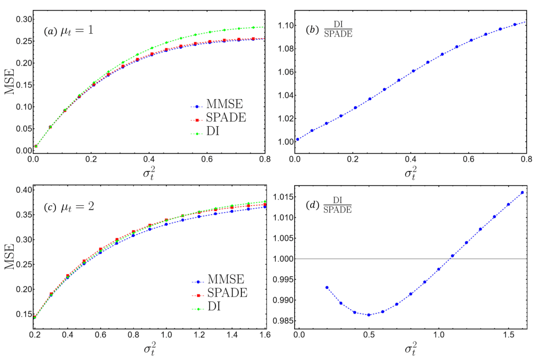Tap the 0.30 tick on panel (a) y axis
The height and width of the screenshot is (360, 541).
[x=21, y=19]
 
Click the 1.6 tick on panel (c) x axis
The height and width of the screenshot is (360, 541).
[x=265, y=335]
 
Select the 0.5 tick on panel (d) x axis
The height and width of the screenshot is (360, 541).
[x=369, y=335]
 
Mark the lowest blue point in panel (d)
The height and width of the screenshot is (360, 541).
[x=369, y=315]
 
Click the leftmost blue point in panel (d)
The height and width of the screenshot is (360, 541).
[x=327, y=288]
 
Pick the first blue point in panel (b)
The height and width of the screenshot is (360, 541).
[x=299, y=139]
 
